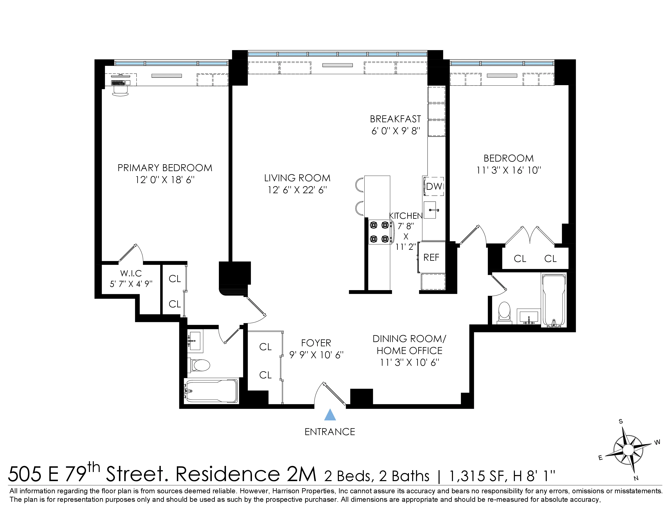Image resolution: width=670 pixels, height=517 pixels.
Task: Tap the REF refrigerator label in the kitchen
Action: [x=431, y=257]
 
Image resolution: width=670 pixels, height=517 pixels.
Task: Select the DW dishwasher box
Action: [x=434, y=186]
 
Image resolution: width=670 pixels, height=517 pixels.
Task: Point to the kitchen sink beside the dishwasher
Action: [x=430, y=210]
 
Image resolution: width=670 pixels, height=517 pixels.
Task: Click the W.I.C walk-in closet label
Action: [x=131, y=273]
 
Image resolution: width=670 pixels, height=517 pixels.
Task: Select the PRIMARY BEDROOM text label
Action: [x=165, y=168]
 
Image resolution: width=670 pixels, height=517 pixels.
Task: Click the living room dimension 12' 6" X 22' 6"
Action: [x=297, y=190]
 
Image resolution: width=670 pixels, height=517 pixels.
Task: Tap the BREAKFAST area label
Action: [x=395, y=119]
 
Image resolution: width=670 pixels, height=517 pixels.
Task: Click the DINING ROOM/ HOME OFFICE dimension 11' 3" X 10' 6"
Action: [x=409, y=362]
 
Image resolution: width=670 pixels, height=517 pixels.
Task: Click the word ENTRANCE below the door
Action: [x=330, y=432]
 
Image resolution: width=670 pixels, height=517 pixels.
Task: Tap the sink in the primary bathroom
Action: [x=194, y=340]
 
